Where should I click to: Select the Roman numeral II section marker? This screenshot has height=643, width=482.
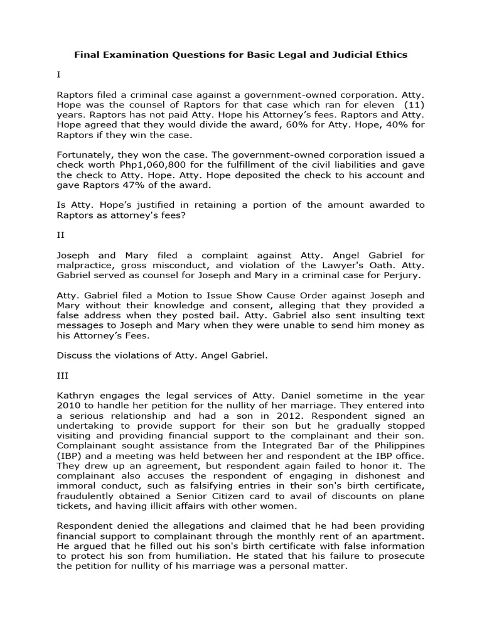(60, 236)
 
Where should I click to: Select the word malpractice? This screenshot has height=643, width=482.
(84, 266)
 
